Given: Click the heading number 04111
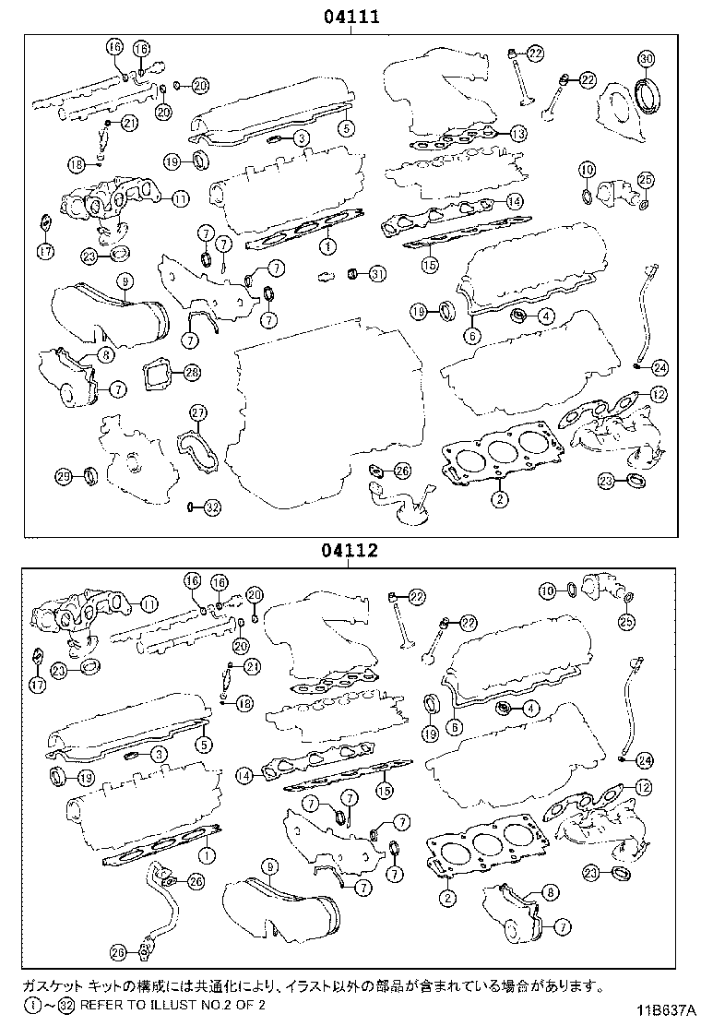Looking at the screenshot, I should coord(350,16).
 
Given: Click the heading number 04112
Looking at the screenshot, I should coord(350,551).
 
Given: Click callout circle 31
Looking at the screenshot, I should coord(377,274).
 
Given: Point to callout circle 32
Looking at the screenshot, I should coord(211,507).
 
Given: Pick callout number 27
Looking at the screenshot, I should coord(198,411).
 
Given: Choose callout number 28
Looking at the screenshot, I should coord(191,373).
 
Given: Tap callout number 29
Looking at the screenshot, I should coord(64,476).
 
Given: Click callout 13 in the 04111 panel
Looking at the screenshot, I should coord(518,134).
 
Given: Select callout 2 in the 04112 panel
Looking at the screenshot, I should coord(447,897).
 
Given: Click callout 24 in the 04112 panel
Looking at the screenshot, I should coord(644,760).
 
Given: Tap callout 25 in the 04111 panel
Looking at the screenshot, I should coord(646,179).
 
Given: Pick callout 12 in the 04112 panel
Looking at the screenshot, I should coord(644,787).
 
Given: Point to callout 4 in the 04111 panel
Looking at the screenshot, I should coord(546,316).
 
